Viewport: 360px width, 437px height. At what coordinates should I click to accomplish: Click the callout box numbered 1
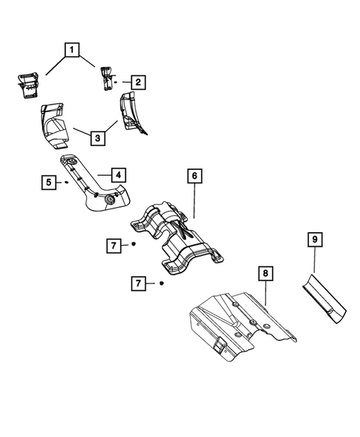tap(72, 50)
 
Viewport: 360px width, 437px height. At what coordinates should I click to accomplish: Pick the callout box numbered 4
tap(119, 175)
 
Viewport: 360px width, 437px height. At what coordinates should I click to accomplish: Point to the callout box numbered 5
tap(50, 180)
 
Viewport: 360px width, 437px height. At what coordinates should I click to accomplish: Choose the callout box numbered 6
tap(193, 176)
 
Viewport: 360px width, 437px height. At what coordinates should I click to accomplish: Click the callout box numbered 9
tap(314, 239)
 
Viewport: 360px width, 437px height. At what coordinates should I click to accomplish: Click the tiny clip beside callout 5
tap(66, 180)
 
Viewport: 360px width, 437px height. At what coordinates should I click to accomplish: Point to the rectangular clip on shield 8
tap(220, 344)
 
